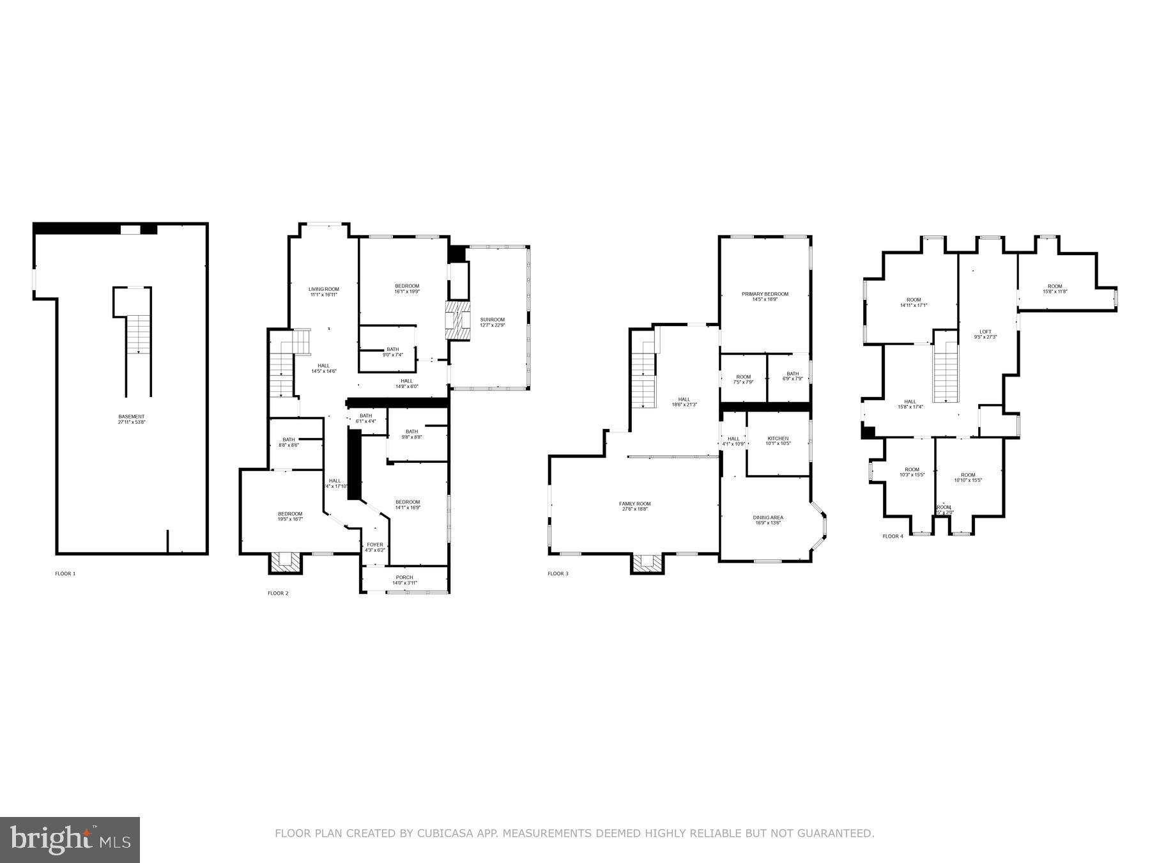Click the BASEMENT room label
132,417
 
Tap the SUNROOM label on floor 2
492,320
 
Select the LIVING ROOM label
324,290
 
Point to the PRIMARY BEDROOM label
765,294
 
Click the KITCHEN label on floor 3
778,439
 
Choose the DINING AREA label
768,518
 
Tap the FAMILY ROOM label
634,504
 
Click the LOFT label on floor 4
985,332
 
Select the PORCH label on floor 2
404,578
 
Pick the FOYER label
375,545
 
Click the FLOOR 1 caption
65,574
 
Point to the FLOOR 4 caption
893,536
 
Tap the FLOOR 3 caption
558,574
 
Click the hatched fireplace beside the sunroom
457,320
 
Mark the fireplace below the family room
648,563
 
